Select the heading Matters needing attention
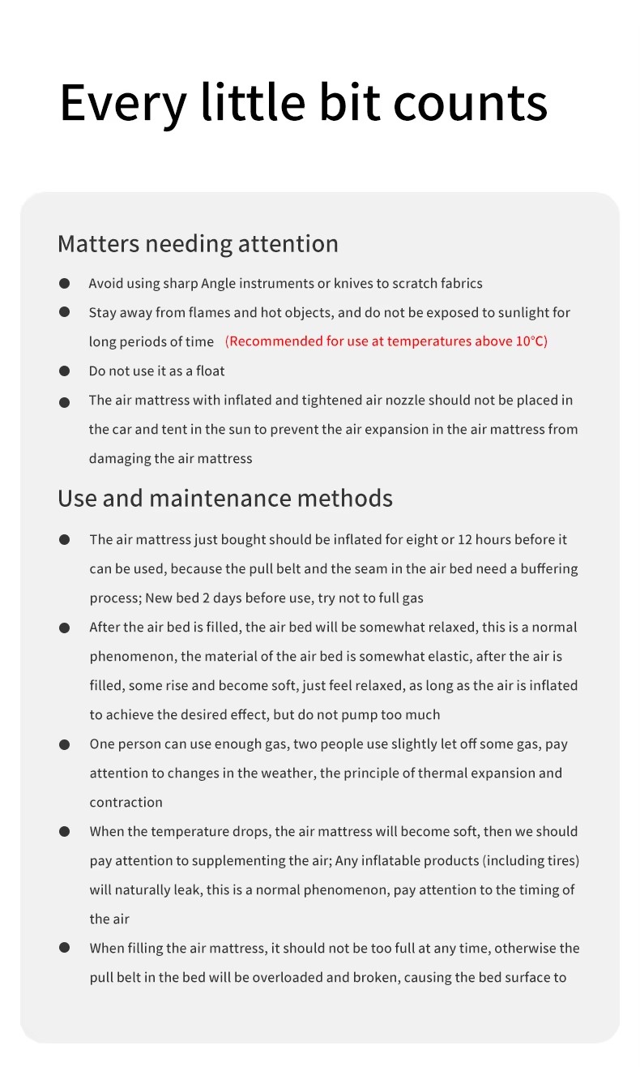pyautogui.click(x=198, y=244)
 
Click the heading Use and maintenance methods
pyautogui.click(x=224, y=498)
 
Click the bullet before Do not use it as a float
pyautogui.click(x=64, y=371)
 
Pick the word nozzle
pyautogui.click(x=404, y=401)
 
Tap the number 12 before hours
pyautogui.click(x=464, y=540)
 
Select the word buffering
pyautogui.click(x=548, y=569)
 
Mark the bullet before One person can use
pyautogui.click(x=64, y=744)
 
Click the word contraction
pyautogui.click(x=126, y=803)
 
